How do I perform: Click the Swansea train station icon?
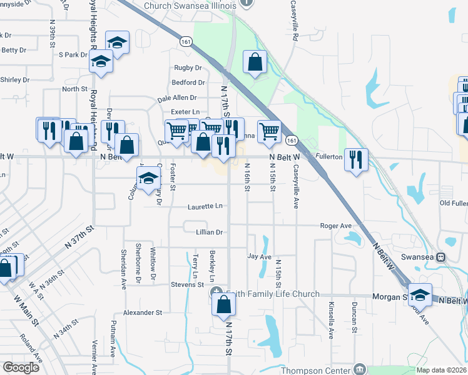(x=440, y=256)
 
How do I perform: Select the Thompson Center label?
(x=317, y=369)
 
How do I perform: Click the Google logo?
(x=21, y=367)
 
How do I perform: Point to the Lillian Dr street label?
(x=209, y=232)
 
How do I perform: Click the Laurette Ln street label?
(x=205, y=206)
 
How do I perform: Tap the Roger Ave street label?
(x=336, y=226)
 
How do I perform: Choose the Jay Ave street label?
(x=259, y=256)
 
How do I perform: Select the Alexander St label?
(x=143, y=312)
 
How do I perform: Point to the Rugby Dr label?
(x=188, y=67)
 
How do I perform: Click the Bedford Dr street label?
(x=188, y=82)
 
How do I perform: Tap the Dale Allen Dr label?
(x=177, y=98)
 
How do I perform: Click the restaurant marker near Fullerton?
(x=356, y=160)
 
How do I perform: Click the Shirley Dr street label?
(x=15, y=80)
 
